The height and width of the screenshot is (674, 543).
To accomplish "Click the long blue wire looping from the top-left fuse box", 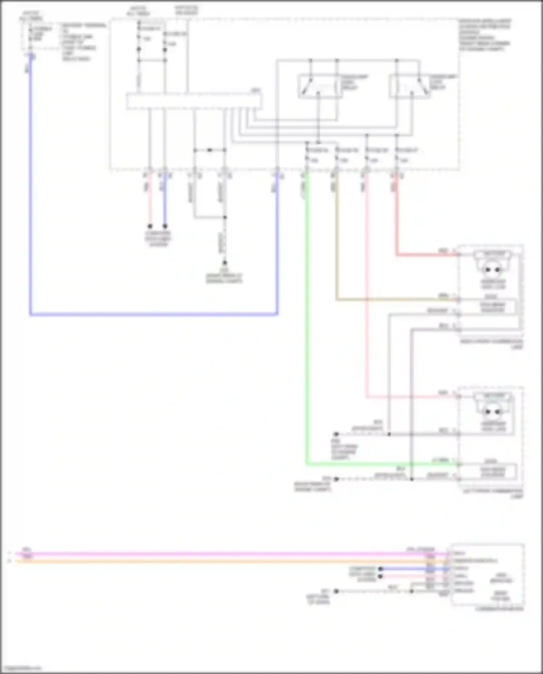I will pos(31,217).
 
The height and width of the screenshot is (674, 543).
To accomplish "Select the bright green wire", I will pos(307,326).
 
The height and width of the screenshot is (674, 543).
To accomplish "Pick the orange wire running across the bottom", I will pos(217,561).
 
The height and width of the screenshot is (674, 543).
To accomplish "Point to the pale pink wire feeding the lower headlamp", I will pos(367,290).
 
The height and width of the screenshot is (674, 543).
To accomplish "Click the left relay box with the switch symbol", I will pos(319,86).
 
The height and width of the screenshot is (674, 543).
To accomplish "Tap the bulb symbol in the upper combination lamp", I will pos(492,269).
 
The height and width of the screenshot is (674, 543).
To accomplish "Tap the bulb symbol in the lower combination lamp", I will pos(492,411).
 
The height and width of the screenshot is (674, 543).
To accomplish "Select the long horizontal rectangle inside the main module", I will pos(194,101).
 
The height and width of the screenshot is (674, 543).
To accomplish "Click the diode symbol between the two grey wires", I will pos(209,150).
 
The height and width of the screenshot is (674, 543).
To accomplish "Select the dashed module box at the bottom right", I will pos(487,574).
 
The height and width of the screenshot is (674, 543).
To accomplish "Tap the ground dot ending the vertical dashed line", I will pos(225,263).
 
